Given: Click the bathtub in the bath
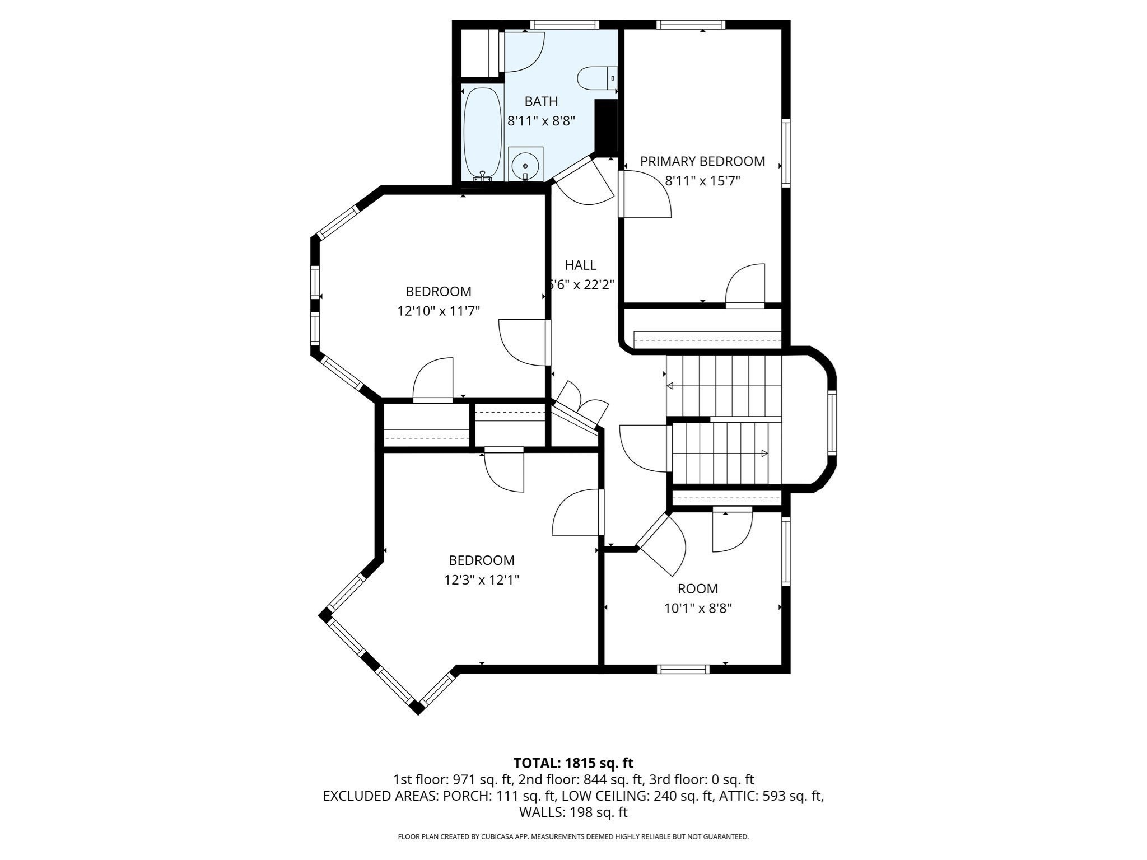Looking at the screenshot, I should point(482,133).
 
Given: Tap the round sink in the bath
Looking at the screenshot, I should point(525,165).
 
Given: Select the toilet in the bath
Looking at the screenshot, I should point(595,78).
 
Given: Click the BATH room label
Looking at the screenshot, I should point(541,101).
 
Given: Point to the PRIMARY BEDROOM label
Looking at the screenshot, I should point(702,161).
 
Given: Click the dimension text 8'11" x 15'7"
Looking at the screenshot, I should point(702,181).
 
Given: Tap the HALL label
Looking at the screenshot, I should point(580,265).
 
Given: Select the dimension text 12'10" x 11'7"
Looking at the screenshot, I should point(439,311).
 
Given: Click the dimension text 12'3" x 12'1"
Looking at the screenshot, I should point(482,580).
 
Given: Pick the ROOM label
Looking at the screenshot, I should point(697,588).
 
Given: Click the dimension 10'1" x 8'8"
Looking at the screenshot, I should point(698,608).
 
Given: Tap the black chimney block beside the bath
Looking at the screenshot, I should point(605,128).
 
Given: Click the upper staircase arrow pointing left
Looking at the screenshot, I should point(670,386).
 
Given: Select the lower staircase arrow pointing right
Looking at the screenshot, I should point(764,454).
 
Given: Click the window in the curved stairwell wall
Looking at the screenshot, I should point(832,422).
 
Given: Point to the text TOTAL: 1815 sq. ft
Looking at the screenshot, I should point(573,763).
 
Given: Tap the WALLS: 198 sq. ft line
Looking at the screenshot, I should point(573,812).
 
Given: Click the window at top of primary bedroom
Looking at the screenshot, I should point(691,25).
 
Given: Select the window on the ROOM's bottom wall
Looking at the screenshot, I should point(683,669).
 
